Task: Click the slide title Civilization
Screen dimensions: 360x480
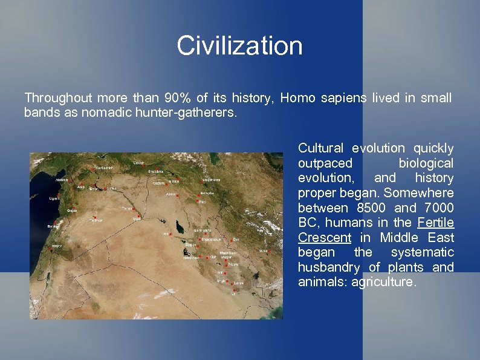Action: click(x=239, y=46)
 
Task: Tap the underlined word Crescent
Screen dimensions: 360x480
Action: click(x=324, y=238)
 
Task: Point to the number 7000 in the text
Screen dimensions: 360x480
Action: click(x=436, y=208)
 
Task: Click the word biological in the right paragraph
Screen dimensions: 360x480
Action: click(x=426, y=163)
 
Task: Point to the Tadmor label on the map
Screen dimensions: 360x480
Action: click(x=97, y=221)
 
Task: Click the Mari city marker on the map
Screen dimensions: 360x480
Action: click(x=137, y=218)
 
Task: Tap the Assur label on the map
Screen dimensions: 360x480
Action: click(x=172, y=195)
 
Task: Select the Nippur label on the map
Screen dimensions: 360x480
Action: click(x=233, y=264)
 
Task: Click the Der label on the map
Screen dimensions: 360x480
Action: click(x=236, y=240)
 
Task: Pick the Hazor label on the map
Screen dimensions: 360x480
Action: click(x=56, y=246)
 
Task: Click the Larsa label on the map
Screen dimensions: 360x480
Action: click(x=239, y=283)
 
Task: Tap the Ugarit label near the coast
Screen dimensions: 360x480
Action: click(x=54, y=198)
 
